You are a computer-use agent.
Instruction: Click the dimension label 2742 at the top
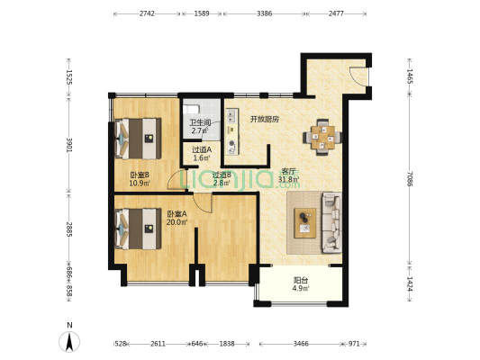147,13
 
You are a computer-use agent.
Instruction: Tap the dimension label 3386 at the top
265,13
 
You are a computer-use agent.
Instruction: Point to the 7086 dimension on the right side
410,179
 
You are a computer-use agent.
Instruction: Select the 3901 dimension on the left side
69,145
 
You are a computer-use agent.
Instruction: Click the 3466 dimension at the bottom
301,344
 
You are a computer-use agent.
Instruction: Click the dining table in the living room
322,138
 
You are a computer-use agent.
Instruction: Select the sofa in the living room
331,222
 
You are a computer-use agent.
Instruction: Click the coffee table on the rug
305,223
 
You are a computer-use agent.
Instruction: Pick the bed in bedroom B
138,139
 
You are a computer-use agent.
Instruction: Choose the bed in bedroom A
138,229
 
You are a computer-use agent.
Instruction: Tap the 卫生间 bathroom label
200,123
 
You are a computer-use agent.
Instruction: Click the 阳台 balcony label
301,280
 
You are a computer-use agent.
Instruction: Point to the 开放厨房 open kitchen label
265,119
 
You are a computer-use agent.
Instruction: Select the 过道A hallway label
202,150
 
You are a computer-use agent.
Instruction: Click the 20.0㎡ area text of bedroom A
177,222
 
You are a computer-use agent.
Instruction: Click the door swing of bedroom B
177,180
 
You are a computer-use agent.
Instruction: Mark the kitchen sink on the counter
231,116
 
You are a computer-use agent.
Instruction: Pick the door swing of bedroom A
203,203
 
